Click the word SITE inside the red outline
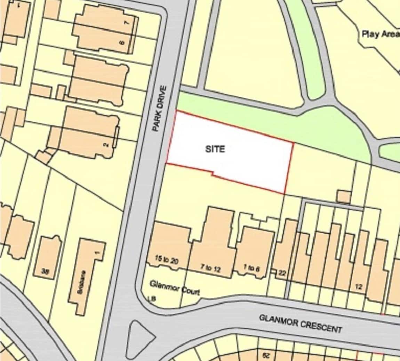click(215, 149)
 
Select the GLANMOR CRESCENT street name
click(301, 323)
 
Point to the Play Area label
click(380, 34)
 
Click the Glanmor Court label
click(175, 288)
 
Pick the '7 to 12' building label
click(210, 267)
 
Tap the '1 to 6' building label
click(251, 268)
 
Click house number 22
click(282, 273)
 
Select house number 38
click(45, 272)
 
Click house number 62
click(266, 355)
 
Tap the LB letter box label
click(151, 298)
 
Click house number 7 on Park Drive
click(127, 23)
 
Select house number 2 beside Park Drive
click(107, 144)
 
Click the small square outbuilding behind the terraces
click(344, 196)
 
